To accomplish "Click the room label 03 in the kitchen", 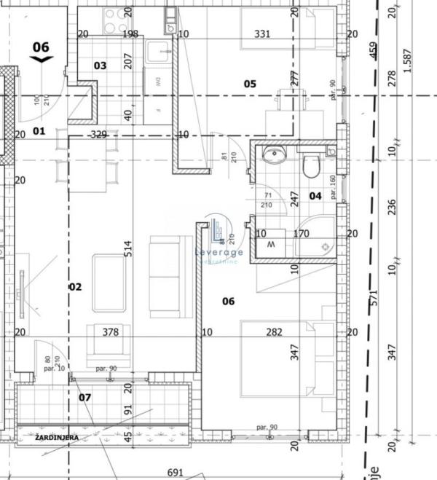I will [101, 66].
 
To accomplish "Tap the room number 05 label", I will [250, 84].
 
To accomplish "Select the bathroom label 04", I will [315, 195].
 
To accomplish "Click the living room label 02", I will [75, 287].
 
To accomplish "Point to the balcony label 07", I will [85, 398].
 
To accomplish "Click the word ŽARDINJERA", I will [56, 437].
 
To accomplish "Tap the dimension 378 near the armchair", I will [110, 332].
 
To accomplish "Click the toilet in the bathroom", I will [311, 166].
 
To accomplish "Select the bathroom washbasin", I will [275, 155].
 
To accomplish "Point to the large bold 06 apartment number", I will [41, 47].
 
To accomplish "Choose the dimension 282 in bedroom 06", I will [274, 332].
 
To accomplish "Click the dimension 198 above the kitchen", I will [131, 34].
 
